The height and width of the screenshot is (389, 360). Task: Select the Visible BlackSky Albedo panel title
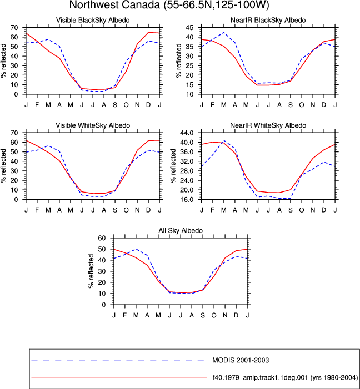pos(93,20)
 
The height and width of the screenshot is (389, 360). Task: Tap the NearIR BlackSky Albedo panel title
pos(268,20)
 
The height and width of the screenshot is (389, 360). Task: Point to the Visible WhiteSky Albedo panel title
pos(93,125)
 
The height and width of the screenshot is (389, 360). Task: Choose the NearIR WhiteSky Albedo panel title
pos(268,125)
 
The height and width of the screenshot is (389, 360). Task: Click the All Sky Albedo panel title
pos(181,230)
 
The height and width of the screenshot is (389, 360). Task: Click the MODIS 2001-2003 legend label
pos(241,360)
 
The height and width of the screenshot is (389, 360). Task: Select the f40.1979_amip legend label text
pos(285,377)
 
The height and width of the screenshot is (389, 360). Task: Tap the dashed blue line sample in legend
pos(118,360)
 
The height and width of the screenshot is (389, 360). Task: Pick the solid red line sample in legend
pos(119,378)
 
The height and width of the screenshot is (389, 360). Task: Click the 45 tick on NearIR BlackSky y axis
pos(189,28)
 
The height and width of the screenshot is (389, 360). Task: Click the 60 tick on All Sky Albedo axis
pos(102,238)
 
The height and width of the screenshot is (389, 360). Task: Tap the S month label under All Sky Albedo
pos(203,315)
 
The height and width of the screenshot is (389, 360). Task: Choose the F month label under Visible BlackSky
pos(37,105)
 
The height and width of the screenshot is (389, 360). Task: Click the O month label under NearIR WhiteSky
pos(302,210)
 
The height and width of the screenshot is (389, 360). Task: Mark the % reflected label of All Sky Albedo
pos(91,271)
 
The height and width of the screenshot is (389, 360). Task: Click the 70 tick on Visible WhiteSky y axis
pos(14,133)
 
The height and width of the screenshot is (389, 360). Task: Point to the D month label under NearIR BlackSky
pos(324,105)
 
